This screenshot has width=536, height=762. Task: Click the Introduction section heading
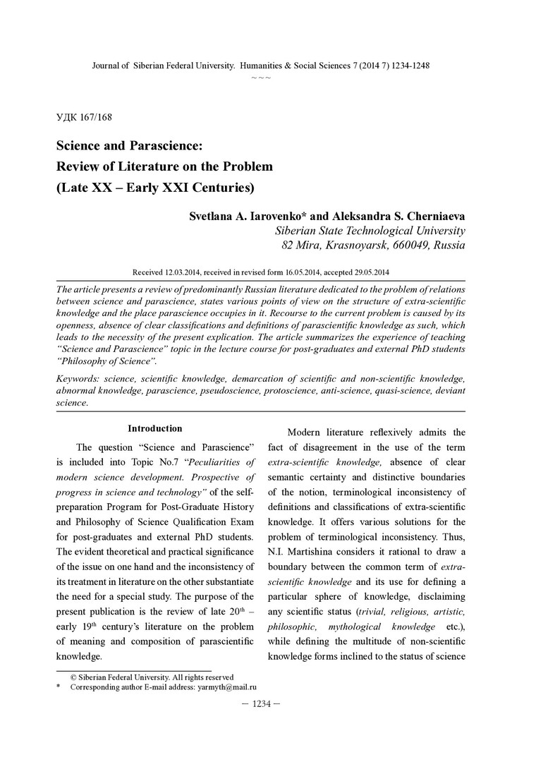154,428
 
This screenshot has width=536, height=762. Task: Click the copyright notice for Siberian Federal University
152,677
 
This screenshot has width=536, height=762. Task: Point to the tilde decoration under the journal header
261,76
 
